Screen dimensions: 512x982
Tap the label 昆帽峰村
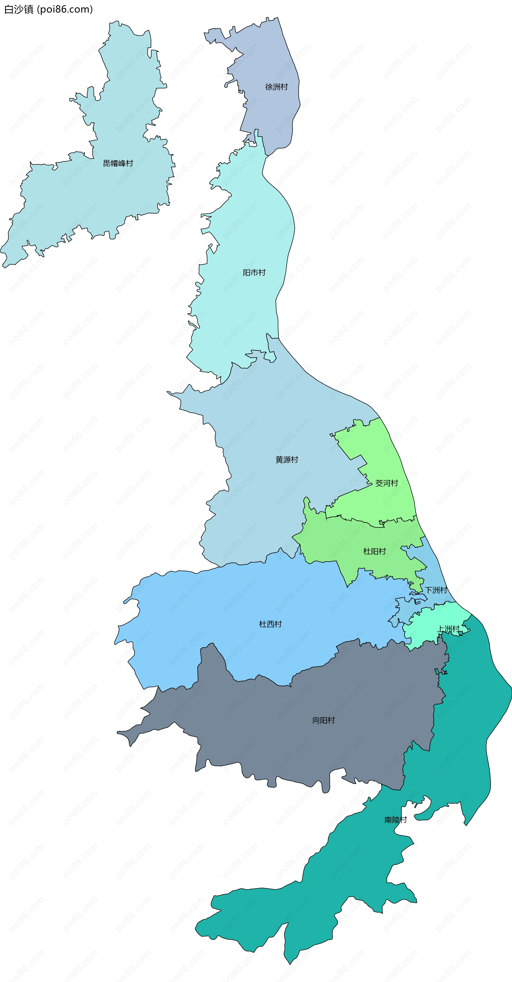(118, 163)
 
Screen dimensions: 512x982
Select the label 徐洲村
(276, 87)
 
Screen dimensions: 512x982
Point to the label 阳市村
(254, 272)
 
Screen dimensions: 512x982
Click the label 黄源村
(287, 460)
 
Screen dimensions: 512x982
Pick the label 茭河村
(387, 483)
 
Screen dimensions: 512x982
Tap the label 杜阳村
(374, 551)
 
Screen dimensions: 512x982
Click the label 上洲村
(448, 629)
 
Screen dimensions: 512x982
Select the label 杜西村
(270, 624)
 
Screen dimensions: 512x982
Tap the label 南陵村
(395, 820)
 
